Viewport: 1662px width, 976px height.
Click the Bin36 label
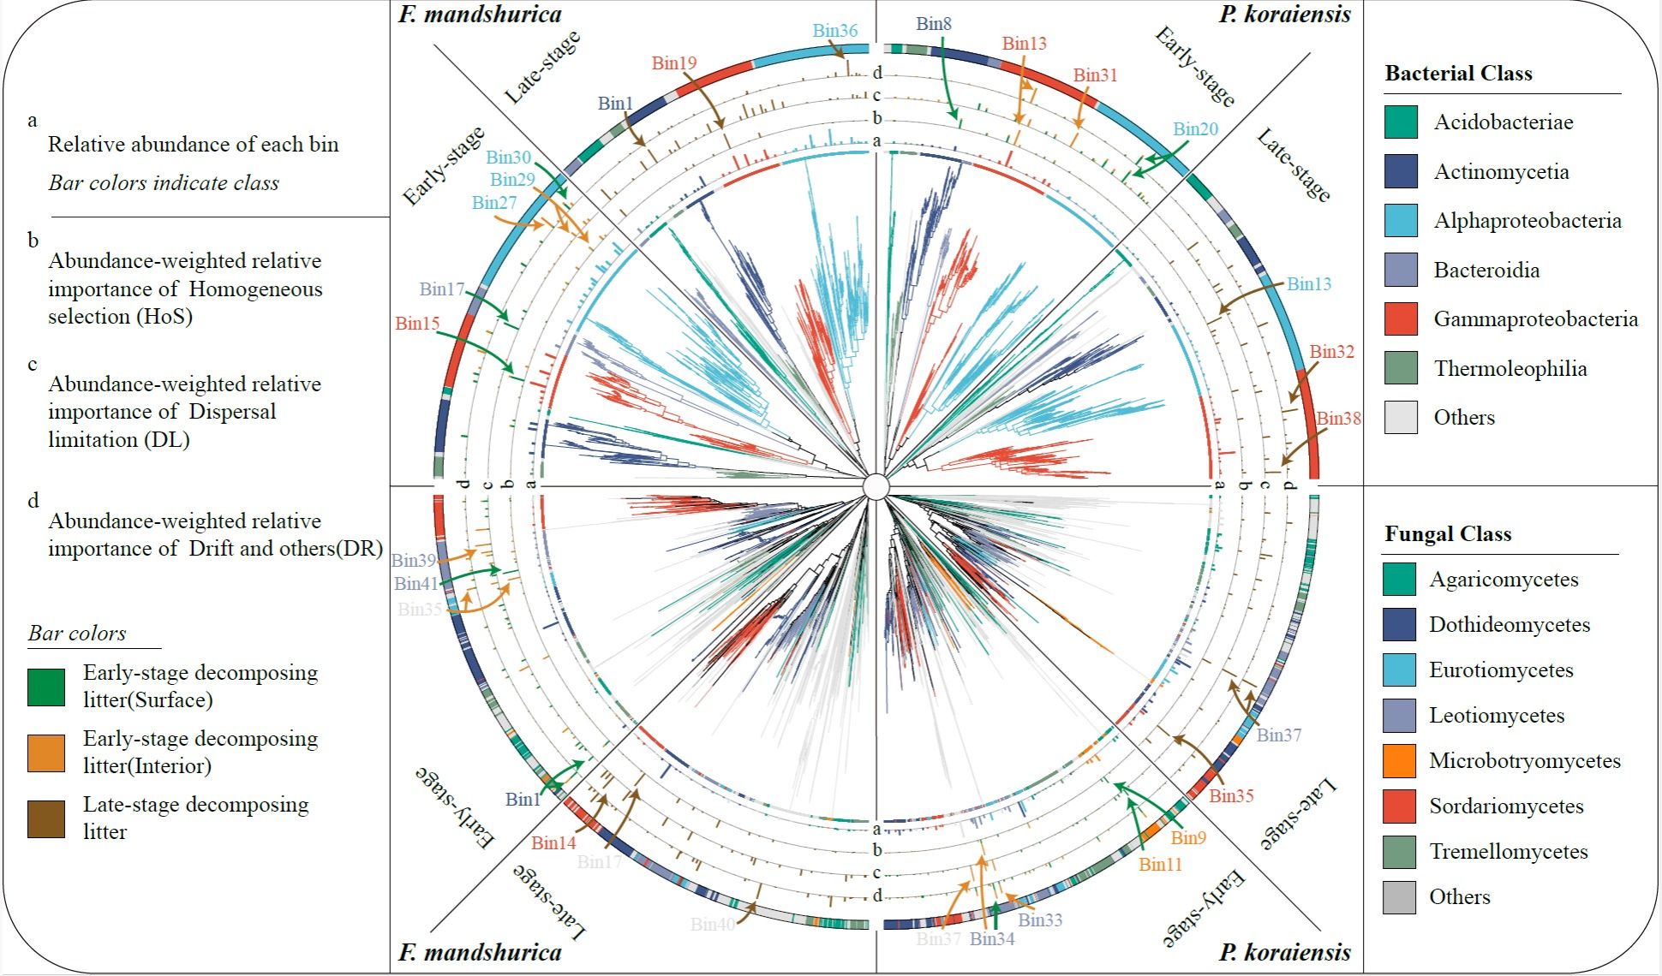point(834,31)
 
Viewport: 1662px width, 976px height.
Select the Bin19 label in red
point(673,63)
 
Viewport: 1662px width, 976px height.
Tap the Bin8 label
point(933,24)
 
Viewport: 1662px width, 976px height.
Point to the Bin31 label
point(1095,75)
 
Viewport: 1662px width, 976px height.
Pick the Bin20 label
point(1195,129)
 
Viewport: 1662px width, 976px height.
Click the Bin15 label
point(417,324)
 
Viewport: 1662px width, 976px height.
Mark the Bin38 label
point(1338,419)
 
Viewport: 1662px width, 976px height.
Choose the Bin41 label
point(415,584)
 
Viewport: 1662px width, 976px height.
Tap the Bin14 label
point(553,843)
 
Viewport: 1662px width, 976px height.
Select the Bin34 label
point(992,939)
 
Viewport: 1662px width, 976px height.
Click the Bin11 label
point(1160,866)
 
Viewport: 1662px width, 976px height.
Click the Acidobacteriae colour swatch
point(1401,122)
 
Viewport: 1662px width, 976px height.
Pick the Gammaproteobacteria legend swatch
point(1401,319)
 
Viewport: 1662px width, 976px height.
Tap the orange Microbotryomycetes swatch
point(1399,761)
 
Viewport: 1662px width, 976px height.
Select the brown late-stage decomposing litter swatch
point(46,819)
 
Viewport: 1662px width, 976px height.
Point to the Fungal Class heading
point(1448,534)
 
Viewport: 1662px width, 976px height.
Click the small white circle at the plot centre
point(876,486)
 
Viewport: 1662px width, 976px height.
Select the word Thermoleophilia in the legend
point(1510,369)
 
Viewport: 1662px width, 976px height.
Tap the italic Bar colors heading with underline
point(77,634)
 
